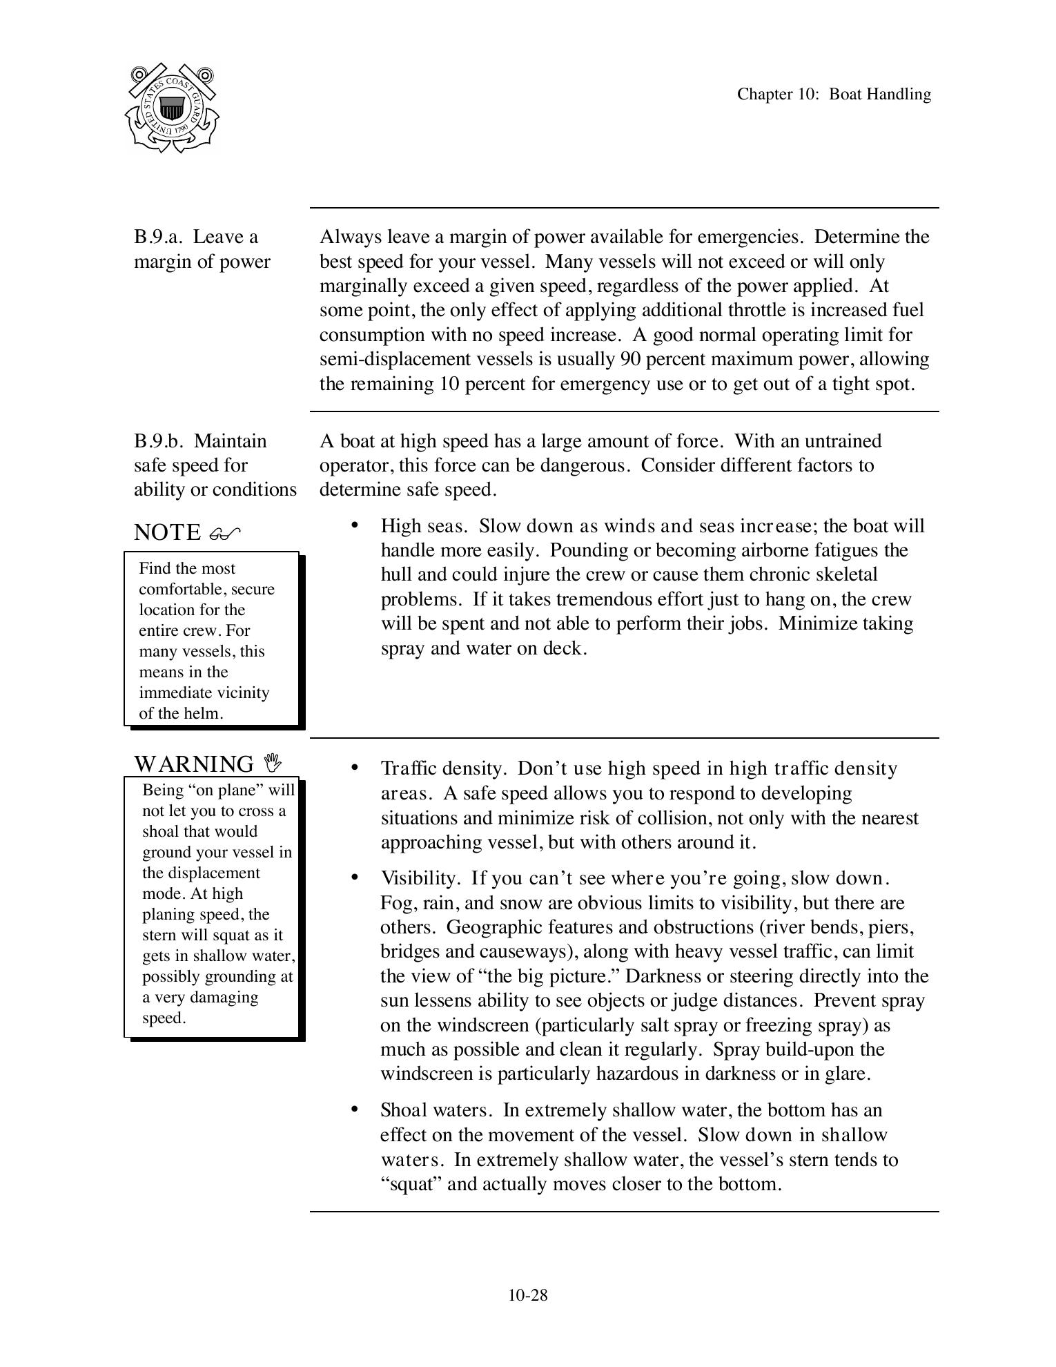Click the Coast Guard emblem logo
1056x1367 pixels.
pyautogui.click(x=173, y=108)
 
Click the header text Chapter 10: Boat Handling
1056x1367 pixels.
pyautogui.click(x=833, y=95)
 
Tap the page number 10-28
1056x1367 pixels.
pyautogui.click(x=528, y=1295)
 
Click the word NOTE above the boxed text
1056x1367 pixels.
pyautogui.click(x=167, y=533)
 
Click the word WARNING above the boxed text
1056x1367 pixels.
pyautogui.click(x=194, y=764)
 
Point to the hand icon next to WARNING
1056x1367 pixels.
pyautogui.click(x=273, y=763)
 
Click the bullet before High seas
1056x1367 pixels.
pyautogui.click(x=355, y=525)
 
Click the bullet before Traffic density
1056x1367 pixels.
pyautogui.click(x=355, y=768)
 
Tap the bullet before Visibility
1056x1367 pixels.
pyautogui.click(x=355, y=878)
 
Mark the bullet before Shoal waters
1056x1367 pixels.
pyautogui.click(x=355, y=1109)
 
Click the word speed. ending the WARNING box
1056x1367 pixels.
pyautogui.click(x=164, y=1018)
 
